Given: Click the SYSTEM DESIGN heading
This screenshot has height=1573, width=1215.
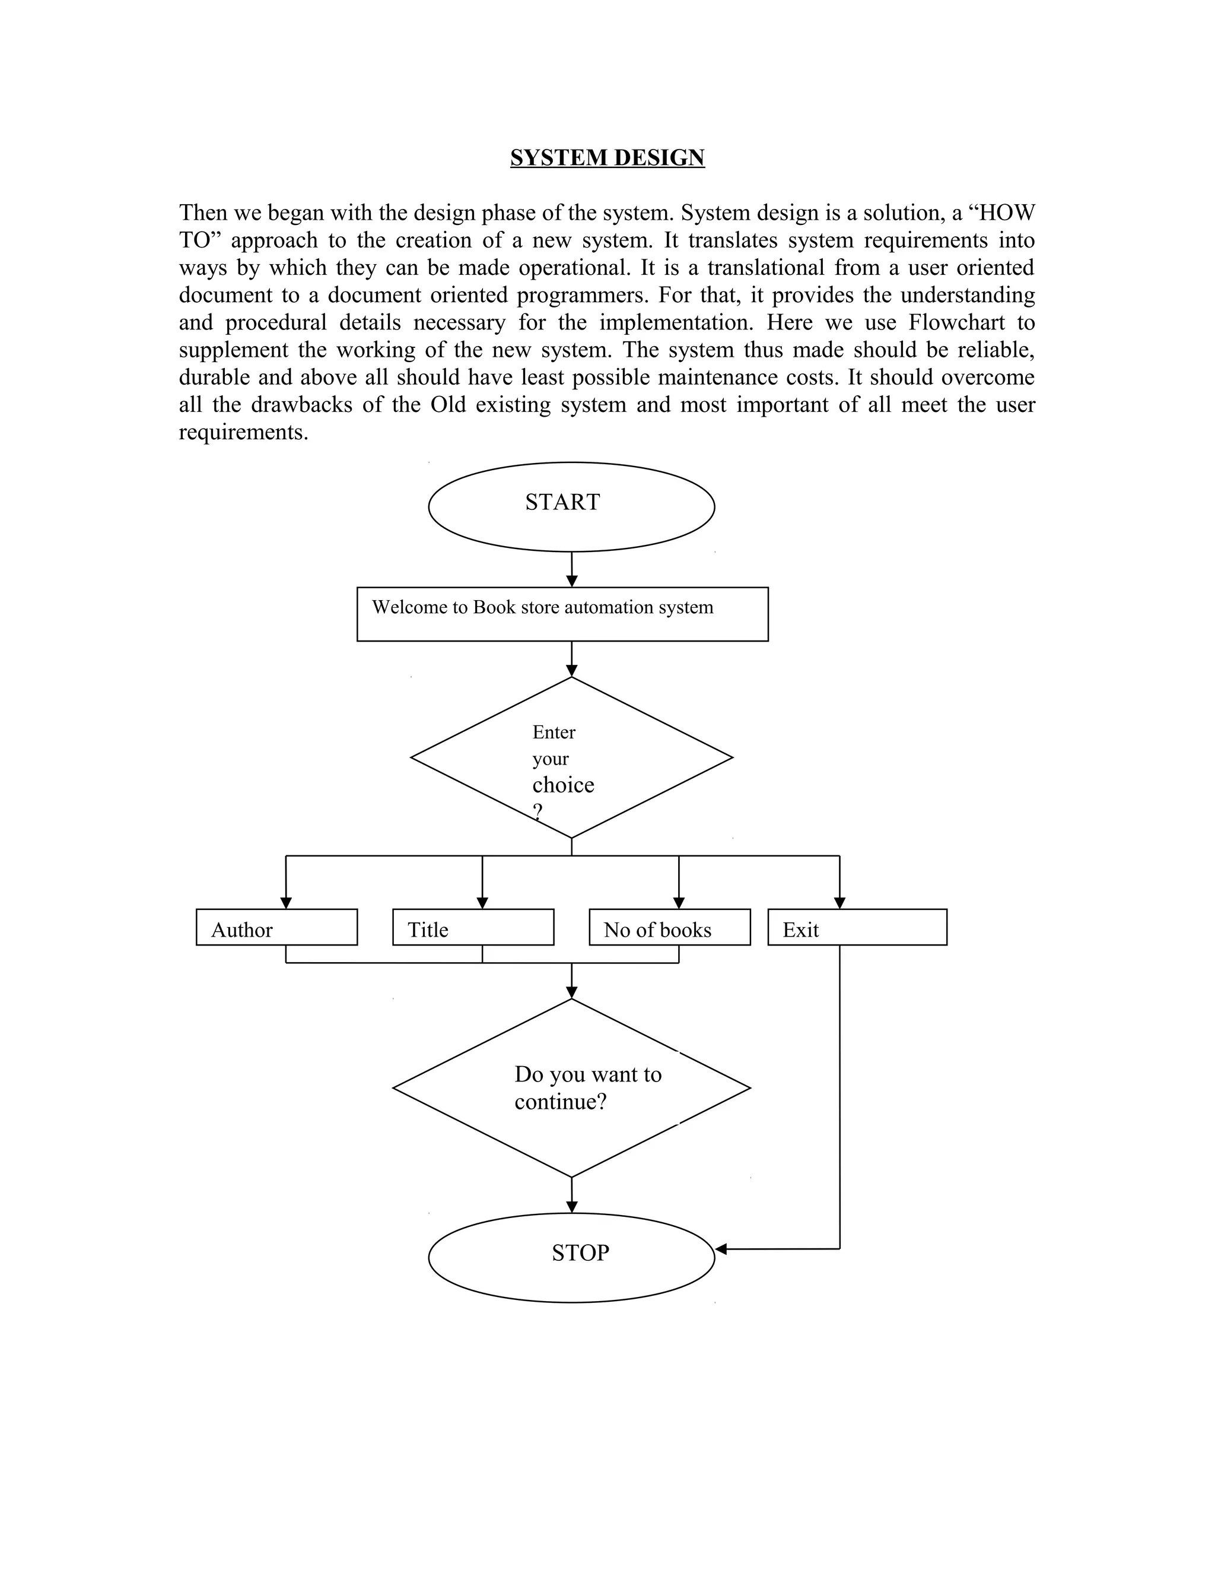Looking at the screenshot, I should tap(607, 158).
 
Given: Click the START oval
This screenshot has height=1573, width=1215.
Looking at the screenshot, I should tap(571, 506).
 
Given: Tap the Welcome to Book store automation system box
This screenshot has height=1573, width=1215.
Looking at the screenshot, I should tap(562, 614).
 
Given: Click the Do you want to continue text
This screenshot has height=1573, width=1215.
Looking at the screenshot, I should tap(587, 1087).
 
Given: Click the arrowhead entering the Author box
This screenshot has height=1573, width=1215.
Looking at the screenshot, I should tap(286, 903).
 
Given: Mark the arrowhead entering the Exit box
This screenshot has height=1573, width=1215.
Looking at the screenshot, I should tap(839, 903).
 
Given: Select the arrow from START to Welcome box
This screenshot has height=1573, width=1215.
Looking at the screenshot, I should tap(571, 569).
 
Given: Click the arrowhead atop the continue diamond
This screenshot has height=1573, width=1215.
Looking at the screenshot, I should tap(571, 992).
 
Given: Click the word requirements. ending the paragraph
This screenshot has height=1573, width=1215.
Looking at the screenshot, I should tap(243, 432).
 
